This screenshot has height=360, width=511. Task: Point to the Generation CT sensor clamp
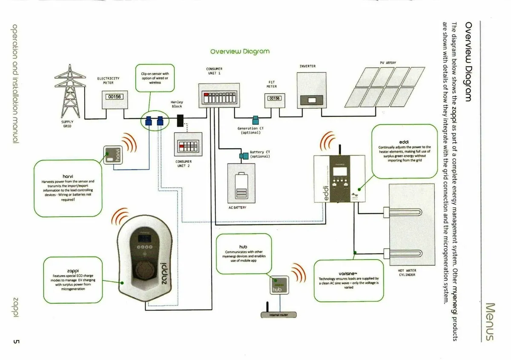click(256, 120)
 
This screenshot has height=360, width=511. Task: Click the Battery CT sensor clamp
click(244, 156)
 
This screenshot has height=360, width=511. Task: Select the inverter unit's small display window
click(312, 100)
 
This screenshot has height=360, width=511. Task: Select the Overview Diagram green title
click(240, 51)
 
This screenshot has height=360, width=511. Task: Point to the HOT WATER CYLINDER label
click(408, 272)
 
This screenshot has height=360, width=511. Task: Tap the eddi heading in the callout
click(405, 141)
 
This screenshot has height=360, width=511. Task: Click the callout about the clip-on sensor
click(155, 78)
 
